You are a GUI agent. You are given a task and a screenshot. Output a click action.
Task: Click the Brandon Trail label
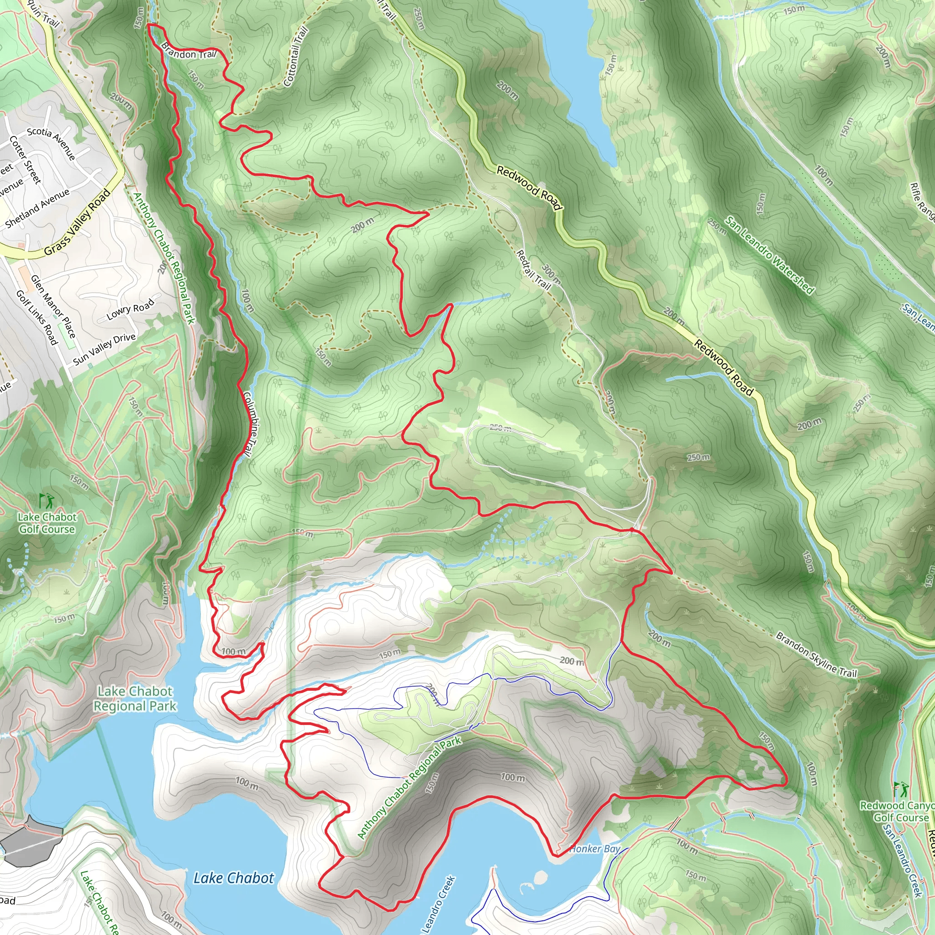(x=188, y=51)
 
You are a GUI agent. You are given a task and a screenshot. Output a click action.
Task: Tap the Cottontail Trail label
(x=296, y=57)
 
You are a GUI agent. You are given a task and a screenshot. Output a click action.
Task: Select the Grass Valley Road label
(x=78, y=223)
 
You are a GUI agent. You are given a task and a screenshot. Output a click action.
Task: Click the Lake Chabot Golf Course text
(x=47, y=523)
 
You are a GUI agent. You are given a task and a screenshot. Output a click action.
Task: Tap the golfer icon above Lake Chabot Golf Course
(x=47, y=500)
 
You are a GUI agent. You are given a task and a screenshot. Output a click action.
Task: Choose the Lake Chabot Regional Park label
(x=135, y=699)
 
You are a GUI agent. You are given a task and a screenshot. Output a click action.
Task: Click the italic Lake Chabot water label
(x=234, y=864)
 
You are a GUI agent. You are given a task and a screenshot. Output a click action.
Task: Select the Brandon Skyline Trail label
(x=816, y=654)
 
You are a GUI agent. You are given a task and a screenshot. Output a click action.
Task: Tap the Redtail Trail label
(x=533, y=269)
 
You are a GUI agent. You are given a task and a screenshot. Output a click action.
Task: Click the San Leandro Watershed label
(x=769, y=255)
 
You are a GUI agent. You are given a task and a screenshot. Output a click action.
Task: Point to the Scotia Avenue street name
(x=51, y=144)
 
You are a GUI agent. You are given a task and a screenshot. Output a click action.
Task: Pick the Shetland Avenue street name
(x=37, y=209)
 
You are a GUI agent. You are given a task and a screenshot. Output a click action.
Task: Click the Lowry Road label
(x=130, y=309)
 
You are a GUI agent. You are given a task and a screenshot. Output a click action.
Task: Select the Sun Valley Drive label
(x=105, y=348)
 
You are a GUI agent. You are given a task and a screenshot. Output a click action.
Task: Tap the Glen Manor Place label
(x=53, y=306)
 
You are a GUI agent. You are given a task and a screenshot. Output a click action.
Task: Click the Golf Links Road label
(x=37, y=317)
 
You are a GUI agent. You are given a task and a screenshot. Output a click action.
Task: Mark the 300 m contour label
(x=551, y=274)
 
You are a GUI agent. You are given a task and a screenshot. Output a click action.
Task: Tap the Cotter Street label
(x=25, y=159)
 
